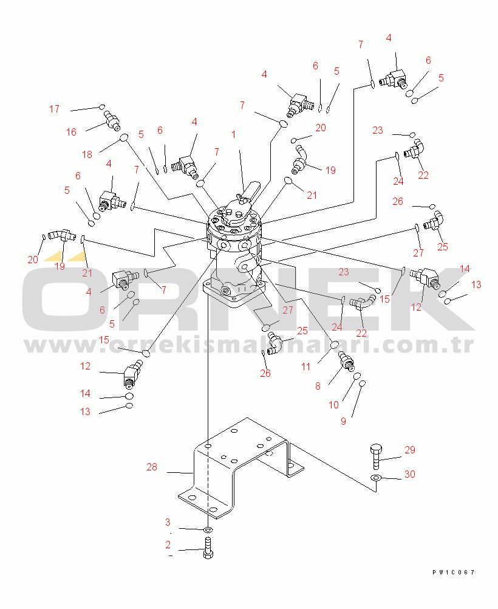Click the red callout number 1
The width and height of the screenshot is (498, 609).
(x=233, y=135)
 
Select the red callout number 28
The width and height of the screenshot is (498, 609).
(x=152, y=467)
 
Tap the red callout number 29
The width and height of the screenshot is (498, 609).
(x=410, y=450)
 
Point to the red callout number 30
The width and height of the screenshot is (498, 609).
(x=410, y=474)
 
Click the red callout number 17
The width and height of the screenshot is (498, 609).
(x=54, y=109)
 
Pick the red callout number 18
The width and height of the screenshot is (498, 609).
(x=87, y=154)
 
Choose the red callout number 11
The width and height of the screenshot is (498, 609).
(x=306, y=366)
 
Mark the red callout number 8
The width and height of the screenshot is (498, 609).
(x=318, y=386)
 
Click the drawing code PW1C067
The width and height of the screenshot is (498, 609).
(x=454, y=572)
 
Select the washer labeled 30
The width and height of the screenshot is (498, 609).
(x=375, y=477)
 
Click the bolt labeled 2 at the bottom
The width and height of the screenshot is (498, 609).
(x=208, y=548)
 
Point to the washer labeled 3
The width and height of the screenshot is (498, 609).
(x=208, y=529)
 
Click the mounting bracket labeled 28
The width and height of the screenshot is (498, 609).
(x=240, y=468)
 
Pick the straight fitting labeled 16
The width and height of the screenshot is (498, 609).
(x=112, y=120)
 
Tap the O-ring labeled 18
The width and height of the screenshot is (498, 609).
(x=124, y=137)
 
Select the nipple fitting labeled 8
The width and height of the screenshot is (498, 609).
(x=347, y=360)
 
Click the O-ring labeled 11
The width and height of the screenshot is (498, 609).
(x=334, y=345)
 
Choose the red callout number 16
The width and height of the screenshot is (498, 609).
(x=71, y=132)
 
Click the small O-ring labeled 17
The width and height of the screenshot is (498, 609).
(x=103, y=107)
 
